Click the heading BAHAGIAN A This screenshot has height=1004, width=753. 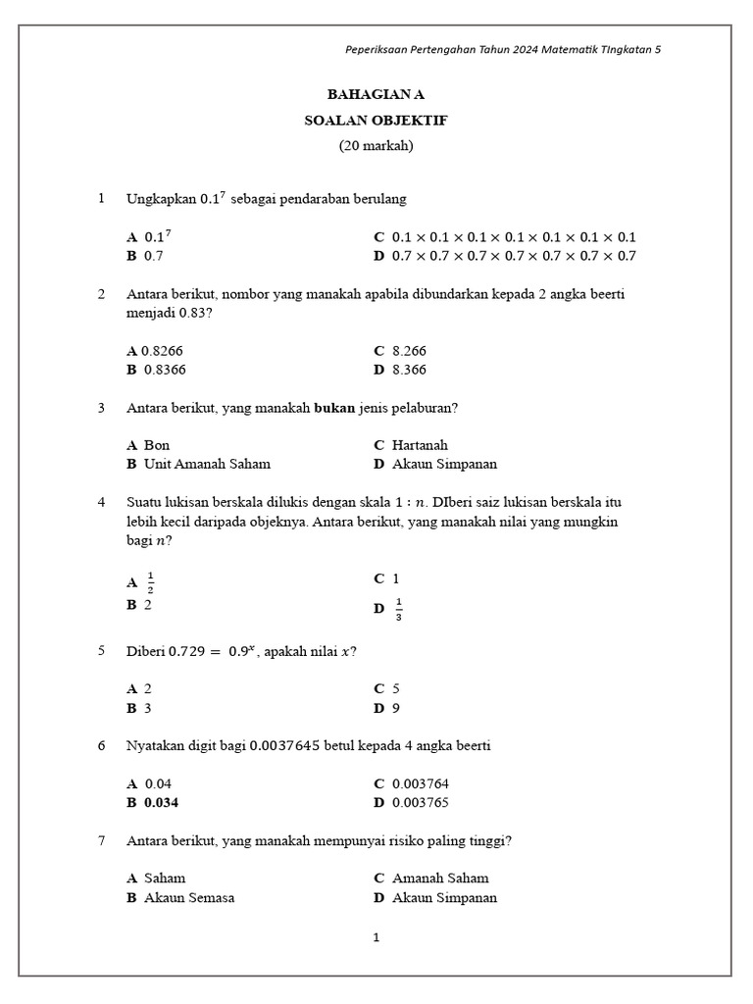pyautogui.click(x=376, y=94)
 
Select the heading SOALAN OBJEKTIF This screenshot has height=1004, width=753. pyautogui.click(x=376, y=120)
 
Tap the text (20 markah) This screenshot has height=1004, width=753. pyautogui.click(x=376, y=145)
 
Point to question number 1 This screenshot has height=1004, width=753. pyautogui.click(x=101, y=199)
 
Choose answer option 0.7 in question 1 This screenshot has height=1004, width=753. pyautogui.click(x=153, y=256)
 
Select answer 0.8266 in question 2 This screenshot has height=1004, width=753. pyautogui.click(x=162, y=350)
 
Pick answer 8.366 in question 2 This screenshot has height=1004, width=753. pyautogui.click(x=409, y=370)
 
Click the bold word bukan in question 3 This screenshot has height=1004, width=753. pyautogui.click(x=334, y=408)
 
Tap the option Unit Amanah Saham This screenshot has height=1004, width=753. pyautogui.click(x=207, y=464)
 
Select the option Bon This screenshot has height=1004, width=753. pyautogui.click(x=157, y=445)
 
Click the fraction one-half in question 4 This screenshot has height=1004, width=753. pyautogui.click(x=150, y=582)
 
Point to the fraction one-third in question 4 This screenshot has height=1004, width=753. pyautogui.click(x=398, y=609)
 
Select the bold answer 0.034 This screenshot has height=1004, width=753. pyautogui.click(x=162, y=802)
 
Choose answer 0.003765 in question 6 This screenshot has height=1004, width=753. pyautogui.click(x=421, y=802)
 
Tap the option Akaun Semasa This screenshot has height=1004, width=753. pyautogui.click(x=189, y=897)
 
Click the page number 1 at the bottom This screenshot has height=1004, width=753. pyautogui.click(x=376, y=937)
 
